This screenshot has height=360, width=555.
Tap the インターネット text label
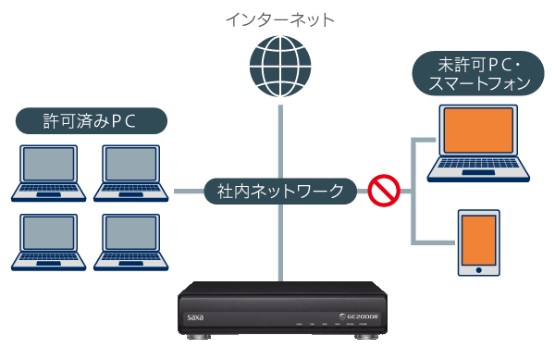(277, 19)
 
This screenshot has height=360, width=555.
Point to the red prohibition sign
(382, 191)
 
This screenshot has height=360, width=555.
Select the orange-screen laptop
(480, 143)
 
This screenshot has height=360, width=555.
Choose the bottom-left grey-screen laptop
(50, 242)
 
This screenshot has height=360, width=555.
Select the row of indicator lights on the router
(332, 326)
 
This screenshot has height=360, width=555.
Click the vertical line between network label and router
(277, 241)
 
